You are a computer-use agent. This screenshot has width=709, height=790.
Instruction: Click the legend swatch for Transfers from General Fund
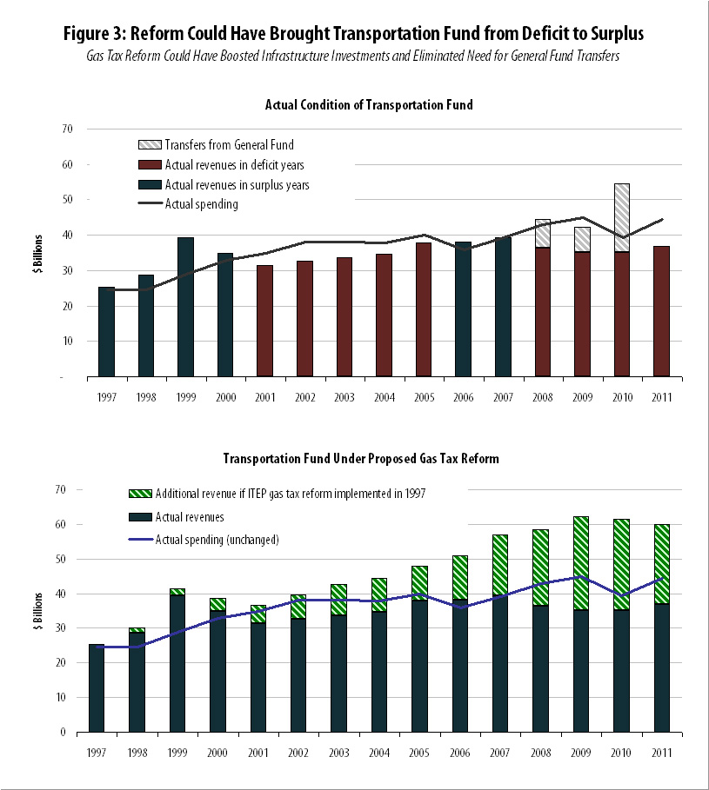[150, 144]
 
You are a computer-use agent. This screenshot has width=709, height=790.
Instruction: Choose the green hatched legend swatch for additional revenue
[140, 495]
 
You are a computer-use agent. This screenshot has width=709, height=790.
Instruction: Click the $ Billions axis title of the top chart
[38, 253]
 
